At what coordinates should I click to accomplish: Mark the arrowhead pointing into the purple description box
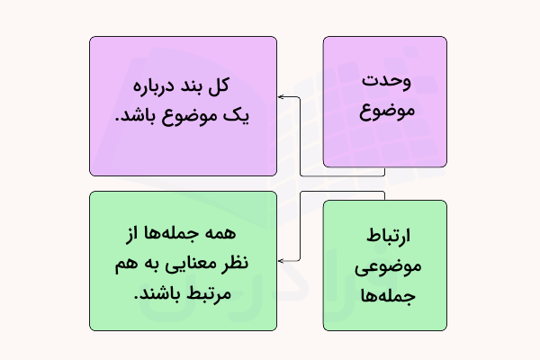pyautogui.click(x=281, y=96)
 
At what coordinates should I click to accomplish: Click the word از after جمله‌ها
pyautogui.click(x=137, y=232)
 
